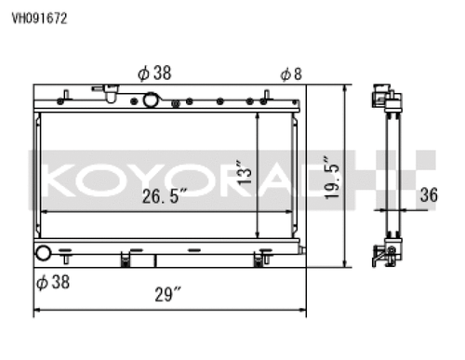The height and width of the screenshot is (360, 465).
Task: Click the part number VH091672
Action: (x=39, y=19)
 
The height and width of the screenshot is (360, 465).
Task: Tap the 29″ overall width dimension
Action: (x=167, y=294)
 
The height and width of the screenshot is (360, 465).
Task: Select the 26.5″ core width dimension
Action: (x=165, y=196)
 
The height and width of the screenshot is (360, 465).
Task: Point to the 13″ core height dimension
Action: (x=245, y=172)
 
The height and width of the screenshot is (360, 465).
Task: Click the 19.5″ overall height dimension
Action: (x=331, y=178)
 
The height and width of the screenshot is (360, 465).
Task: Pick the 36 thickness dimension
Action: (x=429, y=195)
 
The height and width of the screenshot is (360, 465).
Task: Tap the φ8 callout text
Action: (x=291, y=74)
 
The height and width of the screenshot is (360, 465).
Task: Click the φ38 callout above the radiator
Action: (x=154, y=73)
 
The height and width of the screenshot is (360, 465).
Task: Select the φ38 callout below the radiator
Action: (x=53, y=282)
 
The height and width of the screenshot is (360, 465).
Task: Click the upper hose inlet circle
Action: (x=150, y=100)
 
